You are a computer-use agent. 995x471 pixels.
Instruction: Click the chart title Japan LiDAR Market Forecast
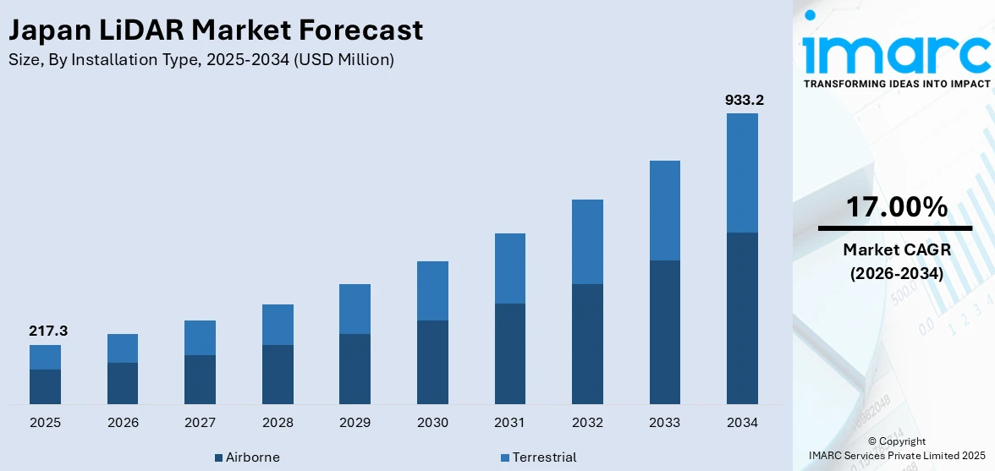(x=215, y=30)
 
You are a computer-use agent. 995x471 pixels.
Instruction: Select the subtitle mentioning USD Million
(x=201, y=60)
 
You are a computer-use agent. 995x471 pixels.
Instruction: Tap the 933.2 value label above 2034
(x=744, y=100)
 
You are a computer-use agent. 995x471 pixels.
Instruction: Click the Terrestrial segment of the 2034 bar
(x=742, y=173)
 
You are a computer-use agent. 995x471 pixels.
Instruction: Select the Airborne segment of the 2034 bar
(x=742, y=318)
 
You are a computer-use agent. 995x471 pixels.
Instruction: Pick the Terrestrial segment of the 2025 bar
(x=45, y=357)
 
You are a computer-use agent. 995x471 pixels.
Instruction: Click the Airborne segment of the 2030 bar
(x=432, y=362)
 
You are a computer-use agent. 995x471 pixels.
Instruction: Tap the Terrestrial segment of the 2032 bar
(x=587, y=242)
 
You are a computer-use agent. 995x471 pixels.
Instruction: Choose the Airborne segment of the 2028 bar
(x=278, y=374)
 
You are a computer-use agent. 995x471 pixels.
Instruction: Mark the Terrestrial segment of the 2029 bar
(x=355, y=309)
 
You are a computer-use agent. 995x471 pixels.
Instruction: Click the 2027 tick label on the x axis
(x=200, y=422)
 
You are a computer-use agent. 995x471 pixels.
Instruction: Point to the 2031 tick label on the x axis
(x=509, y=422)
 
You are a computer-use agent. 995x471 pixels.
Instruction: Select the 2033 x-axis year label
(x=664, y=422)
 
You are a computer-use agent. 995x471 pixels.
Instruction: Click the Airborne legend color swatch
(x=218, y=457)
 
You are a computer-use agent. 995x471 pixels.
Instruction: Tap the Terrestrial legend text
(x=545, y=457)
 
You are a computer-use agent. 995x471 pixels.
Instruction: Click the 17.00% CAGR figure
(x=895, y=206)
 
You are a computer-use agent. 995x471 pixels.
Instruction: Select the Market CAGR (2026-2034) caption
(x=895, y=261)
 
